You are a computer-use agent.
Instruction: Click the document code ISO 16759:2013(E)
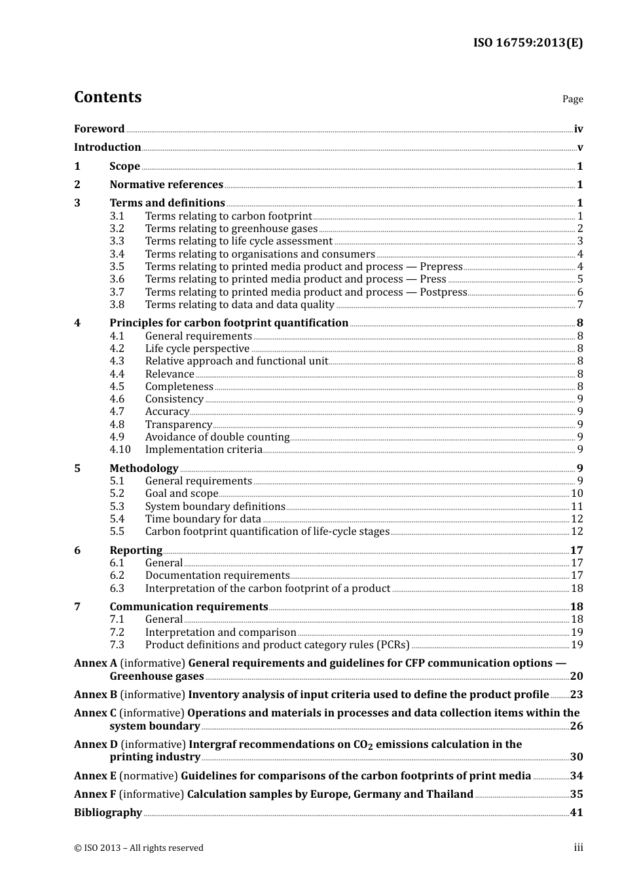point(528,43)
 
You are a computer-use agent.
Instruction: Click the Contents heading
point(107,97)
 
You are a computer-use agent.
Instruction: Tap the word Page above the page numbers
point(572,99)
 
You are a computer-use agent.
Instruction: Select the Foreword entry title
point(99,129)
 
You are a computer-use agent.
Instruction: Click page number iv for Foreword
point(578,129)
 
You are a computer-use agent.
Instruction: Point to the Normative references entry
point(166,185)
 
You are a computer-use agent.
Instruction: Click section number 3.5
point(117,267)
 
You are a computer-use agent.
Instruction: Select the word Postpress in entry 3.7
point(443,292)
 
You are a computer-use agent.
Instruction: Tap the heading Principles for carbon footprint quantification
point(229,323)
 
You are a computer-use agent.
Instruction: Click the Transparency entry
point(178,425)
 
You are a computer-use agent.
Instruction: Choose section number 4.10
point(120,450)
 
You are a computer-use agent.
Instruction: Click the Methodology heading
point(143,469)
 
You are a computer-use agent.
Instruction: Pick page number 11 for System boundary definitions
point(577,507)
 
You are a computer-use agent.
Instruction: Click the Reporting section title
point(136,551)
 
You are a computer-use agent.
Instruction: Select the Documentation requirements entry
point(217,576)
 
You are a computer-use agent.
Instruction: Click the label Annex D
point(96,745)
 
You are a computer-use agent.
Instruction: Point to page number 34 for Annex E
point(576,776)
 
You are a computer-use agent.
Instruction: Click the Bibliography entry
point(108,813)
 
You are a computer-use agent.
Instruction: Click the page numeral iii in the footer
point(578,848)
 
